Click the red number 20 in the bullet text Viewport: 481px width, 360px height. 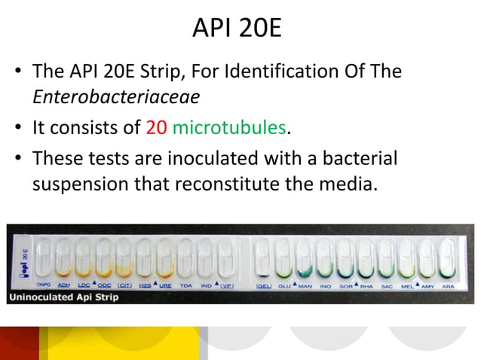(x=156, y=128)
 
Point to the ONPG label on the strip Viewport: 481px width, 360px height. (x=44, y=285)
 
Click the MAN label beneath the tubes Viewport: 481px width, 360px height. (x=305, y=285)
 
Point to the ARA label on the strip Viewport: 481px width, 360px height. (x=447, y=285)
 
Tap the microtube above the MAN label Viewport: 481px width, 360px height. (x=305, y=258)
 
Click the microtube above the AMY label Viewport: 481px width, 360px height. (x=427, y=258)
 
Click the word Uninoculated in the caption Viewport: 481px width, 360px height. (x=41, y=297)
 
